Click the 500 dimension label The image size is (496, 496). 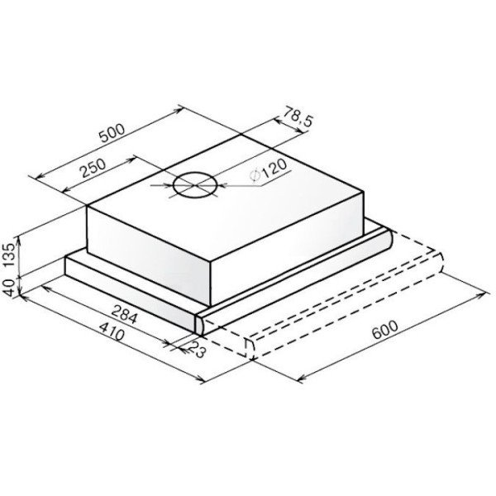tap(112, 133)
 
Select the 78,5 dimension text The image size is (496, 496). tap(298, 117)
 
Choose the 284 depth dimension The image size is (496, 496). tap(124, 314)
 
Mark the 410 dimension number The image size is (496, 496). tap(112, 331)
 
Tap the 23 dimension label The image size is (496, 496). tap(196, 349)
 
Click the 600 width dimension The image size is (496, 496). tap(384, 329)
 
